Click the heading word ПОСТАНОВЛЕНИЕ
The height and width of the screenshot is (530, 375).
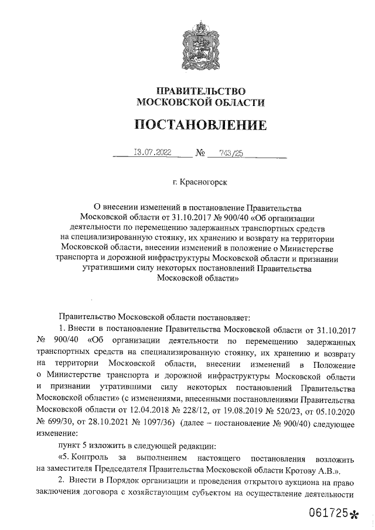pos(201,125)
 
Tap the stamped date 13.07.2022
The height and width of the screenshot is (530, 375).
pos(152,153)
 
